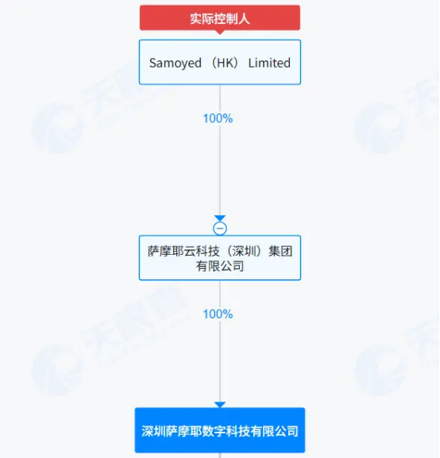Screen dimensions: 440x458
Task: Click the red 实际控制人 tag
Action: coord(220,17)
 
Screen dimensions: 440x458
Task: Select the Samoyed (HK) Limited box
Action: coord(220,62)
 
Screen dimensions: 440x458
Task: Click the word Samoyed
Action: coord(176,63)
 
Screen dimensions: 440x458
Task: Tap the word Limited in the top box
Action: coord(269,63)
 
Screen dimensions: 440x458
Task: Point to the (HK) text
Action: coord(225,63)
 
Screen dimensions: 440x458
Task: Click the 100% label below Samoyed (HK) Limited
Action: coord(218,118)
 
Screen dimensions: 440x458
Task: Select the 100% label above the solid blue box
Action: coord(218,314)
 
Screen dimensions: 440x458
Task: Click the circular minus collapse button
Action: coord(220,229)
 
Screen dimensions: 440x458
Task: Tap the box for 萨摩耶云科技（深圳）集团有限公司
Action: coord(220,258)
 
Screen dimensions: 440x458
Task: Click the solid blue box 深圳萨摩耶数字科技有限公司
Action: coord(220,430)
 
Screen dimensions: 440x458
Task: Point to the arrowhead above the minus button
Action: coord(220,218)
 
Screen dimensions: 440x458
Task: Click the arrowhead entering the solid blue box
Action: coord(220,405)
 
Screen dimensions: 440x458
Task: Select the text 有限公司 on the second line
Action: coord(220,266)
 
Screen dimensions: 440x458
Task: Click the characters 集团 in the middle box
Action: coord(280,251)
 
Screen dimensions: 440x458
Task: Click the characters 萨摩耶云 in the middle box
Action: coord(172,251)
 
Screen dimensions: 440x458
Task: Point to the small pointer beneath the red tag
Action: coord(220,33)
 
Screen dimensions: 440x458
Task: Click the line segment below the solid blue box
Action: coord(220,456)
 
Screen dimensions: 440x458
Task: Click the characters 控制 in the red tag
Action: coord(220,19)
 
